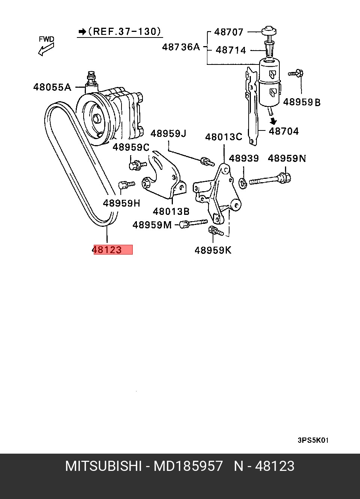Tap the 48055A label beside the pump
(x=52, y=87)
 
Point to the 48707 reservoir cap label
(x=229, y=32)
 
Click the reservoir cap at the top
(x=269, y=31)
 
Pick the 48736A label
(x=181, y=47)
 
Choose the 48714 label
(x=231, y=50)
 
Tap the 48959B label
(x=301, y=102)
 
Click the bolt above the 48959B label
(x=296, y=73)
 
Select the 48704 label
(x=283, y=131)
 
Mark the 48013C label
(x=223, y=137)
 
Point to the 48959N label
(x=287, y=158)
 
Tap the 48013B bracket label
(x=171, y=211)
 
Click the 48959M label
(x=152, y=225)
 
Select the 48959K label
(x=213, y=250)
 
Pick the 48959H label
(x=121, y=203)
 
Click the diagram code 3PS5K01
(x=313, y=441)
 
